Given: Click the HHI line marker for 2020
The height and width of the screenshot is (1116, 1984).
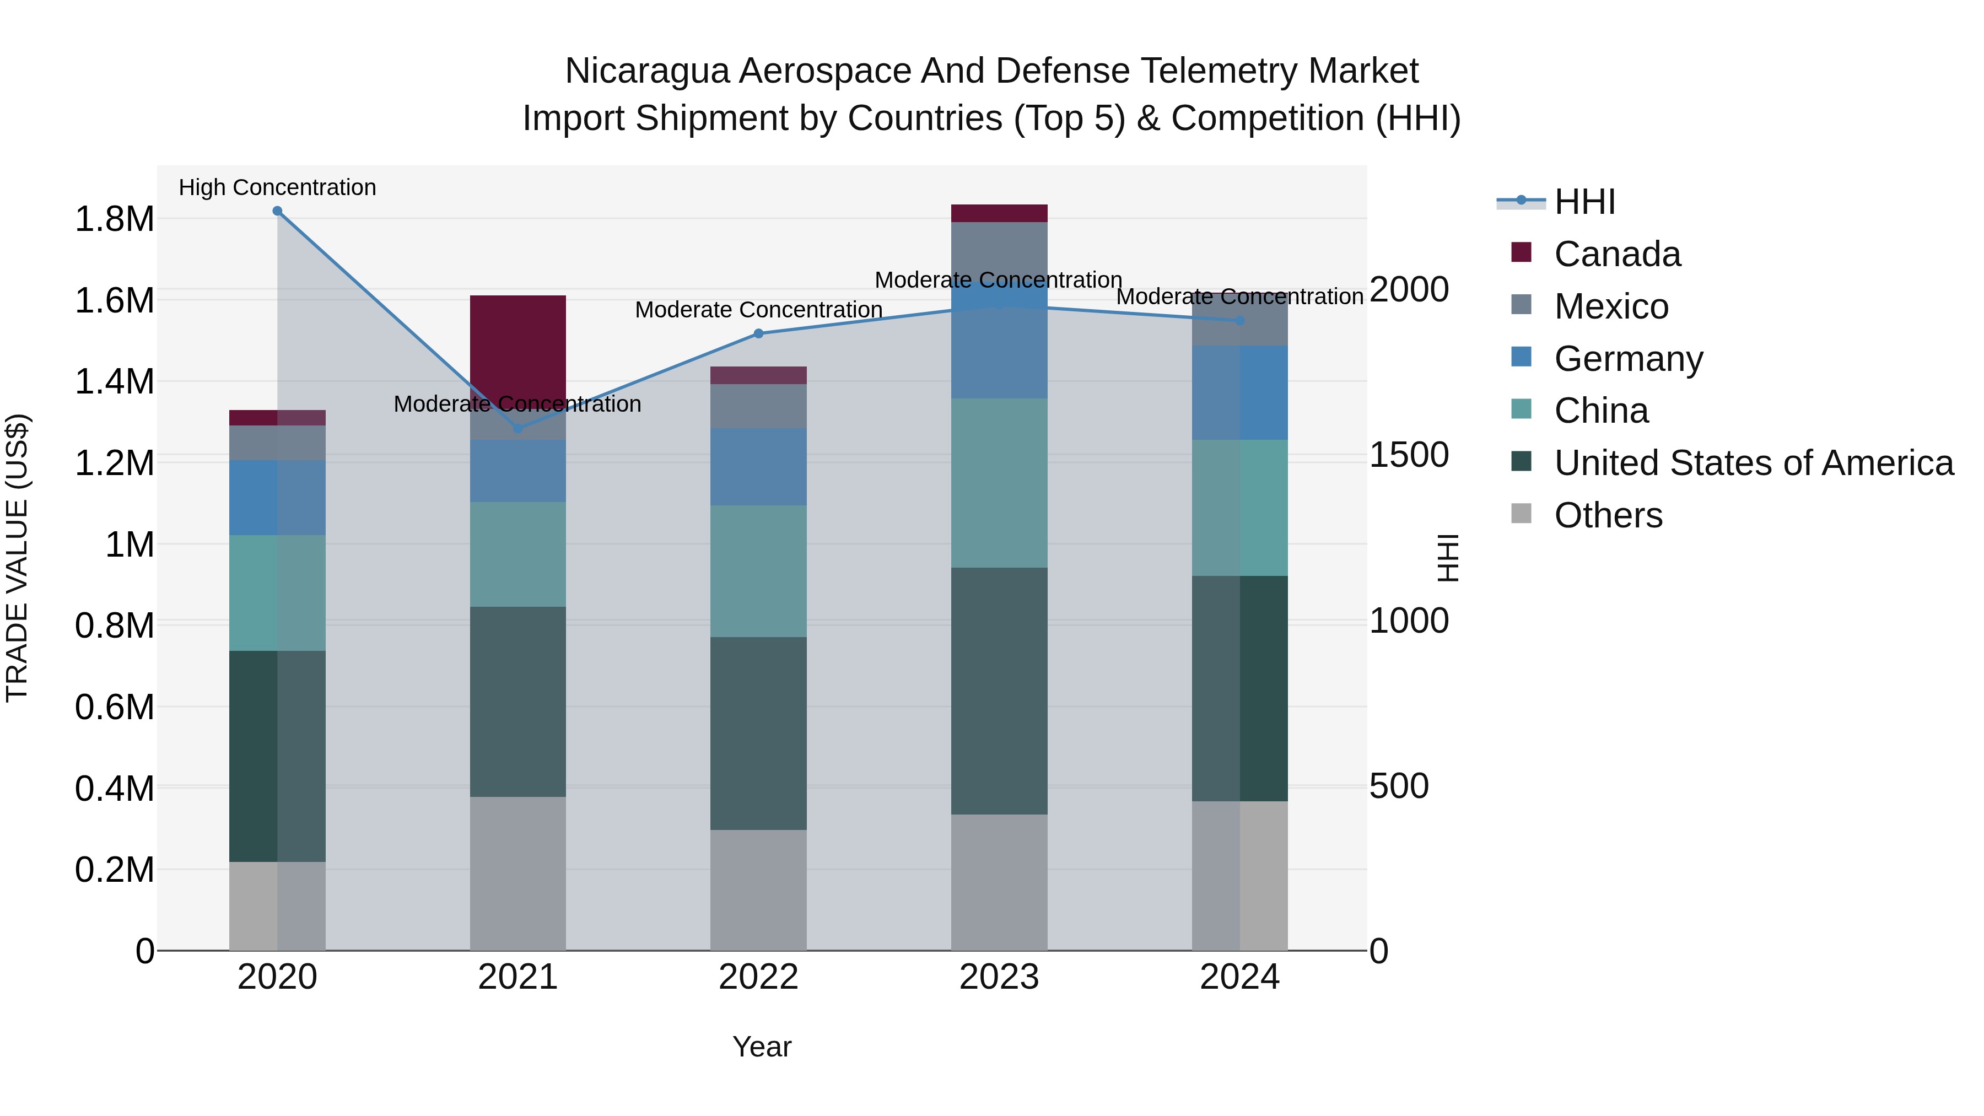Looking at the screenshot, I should tap(277, 211).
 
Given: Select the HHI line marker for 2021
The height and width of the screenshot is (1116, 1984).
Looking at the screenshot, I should tap(517, 428).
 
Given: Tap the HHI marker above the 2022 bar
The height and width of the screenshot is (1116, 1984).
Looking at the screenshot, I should tap(759, 333).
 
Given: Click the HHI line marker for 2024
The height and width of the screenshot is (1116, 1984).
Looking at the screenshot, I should tap(1240, 320).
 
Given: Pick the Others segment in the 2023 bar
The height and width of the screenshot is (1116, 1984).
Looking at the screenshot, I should tap(999, 882).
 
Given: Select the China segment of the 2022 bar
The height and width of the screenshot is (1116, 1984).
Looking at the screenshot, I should tap(759, 571).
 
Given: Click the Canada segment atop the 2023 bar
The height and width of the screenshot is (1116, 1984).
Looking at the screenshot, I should tap(999, 213).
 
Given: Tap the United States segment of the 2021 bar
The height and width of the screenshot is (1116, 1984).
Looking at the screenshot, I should tap(517, 701).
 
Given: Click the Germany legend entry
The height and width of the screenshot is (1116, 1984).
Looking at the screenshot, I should tap(1628, 359).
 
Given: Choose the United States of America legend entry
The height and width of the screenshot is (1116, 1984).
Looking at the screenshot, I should tap(1754, 463).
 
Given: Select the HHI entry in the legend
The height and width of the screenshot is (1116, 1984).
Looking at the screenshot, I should tap(1584, 202).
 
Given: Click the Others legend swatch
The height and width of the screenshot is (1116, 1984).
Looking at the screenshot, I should tap(1521, 514).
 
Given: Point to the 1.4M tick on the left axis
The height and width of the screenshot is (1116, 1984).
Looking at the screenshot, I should tap(114, 382).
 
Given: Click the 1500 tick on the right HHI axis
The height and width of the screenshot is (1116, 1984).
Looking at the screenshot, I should tap(1409, 455).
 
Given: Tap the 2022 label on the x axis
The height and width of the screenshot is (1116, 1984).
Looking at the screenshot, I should tap(759, 977).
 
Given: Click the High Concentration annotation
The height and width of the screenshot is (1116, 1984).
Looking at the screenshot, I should tap(277, 187).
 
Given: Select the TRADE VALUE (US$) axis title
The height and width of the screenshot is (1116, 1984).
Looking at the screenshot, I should tap(17, 558).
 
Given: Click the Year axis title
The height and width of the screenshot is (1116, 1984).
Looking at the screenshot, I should tap(762, 1047).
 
